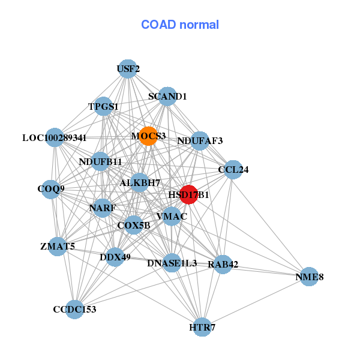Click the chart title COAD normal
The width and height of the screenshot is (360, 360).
pyautogui.click(x=179, y=25)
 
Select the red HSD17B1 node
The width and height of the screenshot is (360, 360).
pyautogui.click(x=188, y=194)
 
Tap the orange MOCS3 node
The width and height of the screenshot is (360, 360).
pyautogui.click(x=148, y=136)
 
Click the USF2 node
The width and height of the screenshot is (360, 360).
pyautogui.click(x=127, y=69)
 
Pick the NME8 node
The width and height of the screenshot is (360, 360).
pyautogui.click(x=308, y=277)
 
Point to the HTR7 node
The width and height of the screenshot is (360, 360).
pyautogui.click(x=202, y=327)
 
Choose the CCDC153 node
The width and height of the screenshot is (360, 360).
pyautogui.click(x=74, y=310)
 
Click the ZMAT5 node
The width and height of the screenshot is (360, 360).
pyautogui.click(x=57, y=246)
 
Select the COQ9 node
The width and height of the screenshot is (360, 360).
pyautogui.click(x=51, y=190)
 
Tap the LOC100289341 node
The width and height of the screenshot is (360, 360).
pyautogui.click(x=55, y=137)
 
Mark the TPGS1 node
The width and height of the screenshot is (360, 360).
pyautogui.click(x=104, y=107)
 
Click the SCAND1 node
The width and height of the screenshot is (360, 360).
pyautogui.click(x=167, y=96)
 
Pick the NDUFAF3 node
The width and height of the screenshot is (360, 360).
pyautogui.click(x=200, y=141)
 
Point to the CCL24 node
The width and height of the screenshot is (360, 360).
pyautogui.click(x=233, y=169)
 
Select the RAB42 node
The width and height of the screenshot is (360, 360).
pyautogui.click(x=223, y=265)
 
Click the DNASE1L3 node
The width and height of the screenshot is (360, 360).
pyautogui.click(x=172, y=263)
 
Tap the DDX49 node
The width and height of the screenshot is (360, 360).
pyautogui.click(x=115, y=257)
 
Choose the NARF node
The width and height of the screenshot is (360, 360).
pyautogui.click(x=103, y=208)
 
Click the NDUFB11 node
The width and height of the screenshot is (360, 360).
pyautogui.click(x=100, y=161)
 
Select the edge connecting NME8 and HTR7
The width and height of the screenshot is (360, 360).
pyautogui.click(x=256, y=302)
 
